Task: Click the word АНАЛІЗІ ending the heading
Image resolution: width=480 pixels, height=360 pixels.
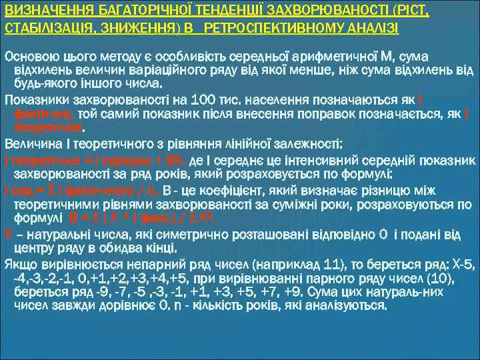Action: (370, 27)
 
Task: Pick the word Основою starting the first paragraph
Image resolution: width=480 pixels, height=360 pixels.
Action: (29, 54)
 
